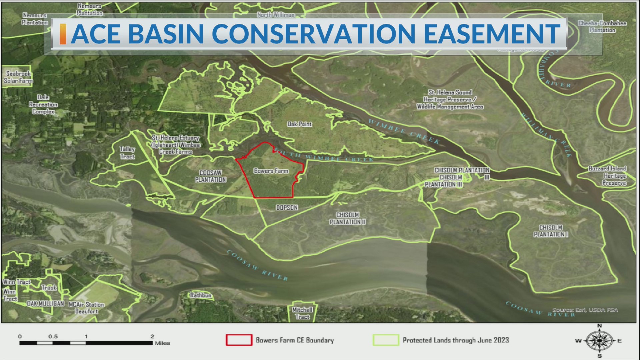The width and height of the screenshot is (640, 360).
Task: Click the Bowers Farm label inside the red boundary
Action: pos(271,171)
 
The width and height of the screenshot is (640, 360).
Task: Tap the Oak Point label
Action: pos(300,124)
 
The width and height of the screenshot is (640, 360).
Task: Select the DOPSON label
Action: pos(287,208)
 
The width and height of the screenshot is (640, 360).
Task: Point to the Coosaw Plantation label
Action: pos(211,176)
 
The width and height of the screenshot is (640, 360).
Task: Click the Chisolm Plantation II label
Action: pos(348,218)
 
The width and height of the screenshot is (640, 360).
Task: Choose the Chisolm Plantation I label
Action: pos(551,231)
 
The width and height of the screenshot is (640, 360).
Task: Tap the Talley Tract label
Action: pos(127,153)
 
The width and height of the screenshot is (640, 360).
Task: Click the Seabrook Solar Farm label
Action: pos(18,77)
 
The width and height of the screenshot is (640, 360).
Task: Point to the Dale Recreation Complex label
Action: pos(43,104)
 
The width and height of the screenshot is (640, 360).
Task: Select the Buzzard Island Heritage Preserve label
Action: pos(607,176)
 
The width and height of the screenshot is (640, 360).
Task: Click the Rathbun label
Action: pos(201,295)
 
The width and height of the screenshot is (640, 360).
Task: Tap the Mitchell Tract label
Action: pos(302,313)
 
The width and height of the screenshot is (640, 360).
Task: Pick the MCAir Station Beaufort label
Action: pos(86,308)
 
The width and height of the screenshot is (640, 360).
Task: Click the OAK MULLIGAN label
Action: pos(45,304)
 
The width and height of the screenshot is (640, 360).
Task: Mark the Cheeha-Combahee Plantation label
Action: pos(602,26)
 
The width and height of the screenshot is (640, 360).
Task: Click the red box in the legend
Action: pos(239,340)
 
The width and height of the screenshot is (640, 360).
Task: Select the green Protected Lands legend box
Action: pos(386,340)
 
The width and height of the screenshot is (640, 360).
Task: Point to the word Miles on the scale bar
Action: pos(162,343)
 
